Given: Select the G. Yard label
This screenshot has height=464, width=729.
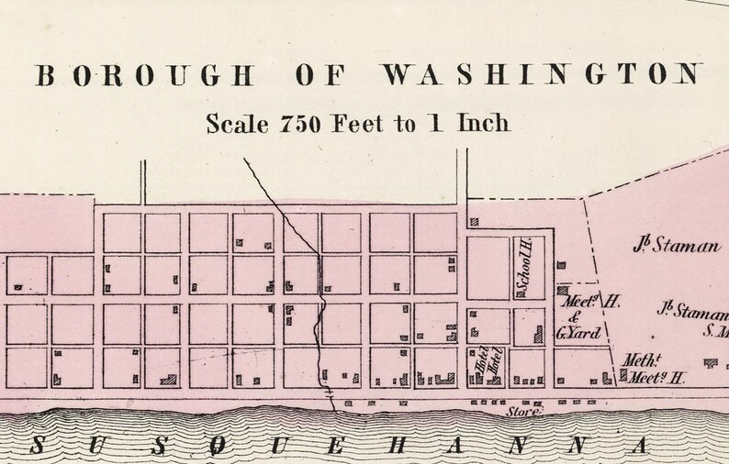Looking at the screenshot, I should (578, 333).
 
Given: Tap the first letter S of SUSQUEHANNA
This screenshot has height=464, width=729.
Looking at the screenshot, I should (38, 444).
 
